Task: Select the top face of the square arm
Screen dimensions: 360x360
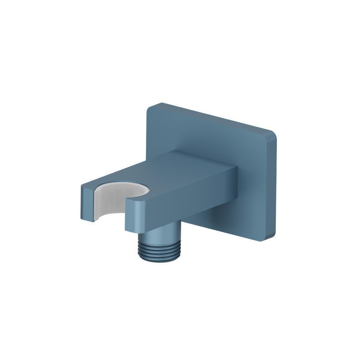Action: point(187,169)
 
